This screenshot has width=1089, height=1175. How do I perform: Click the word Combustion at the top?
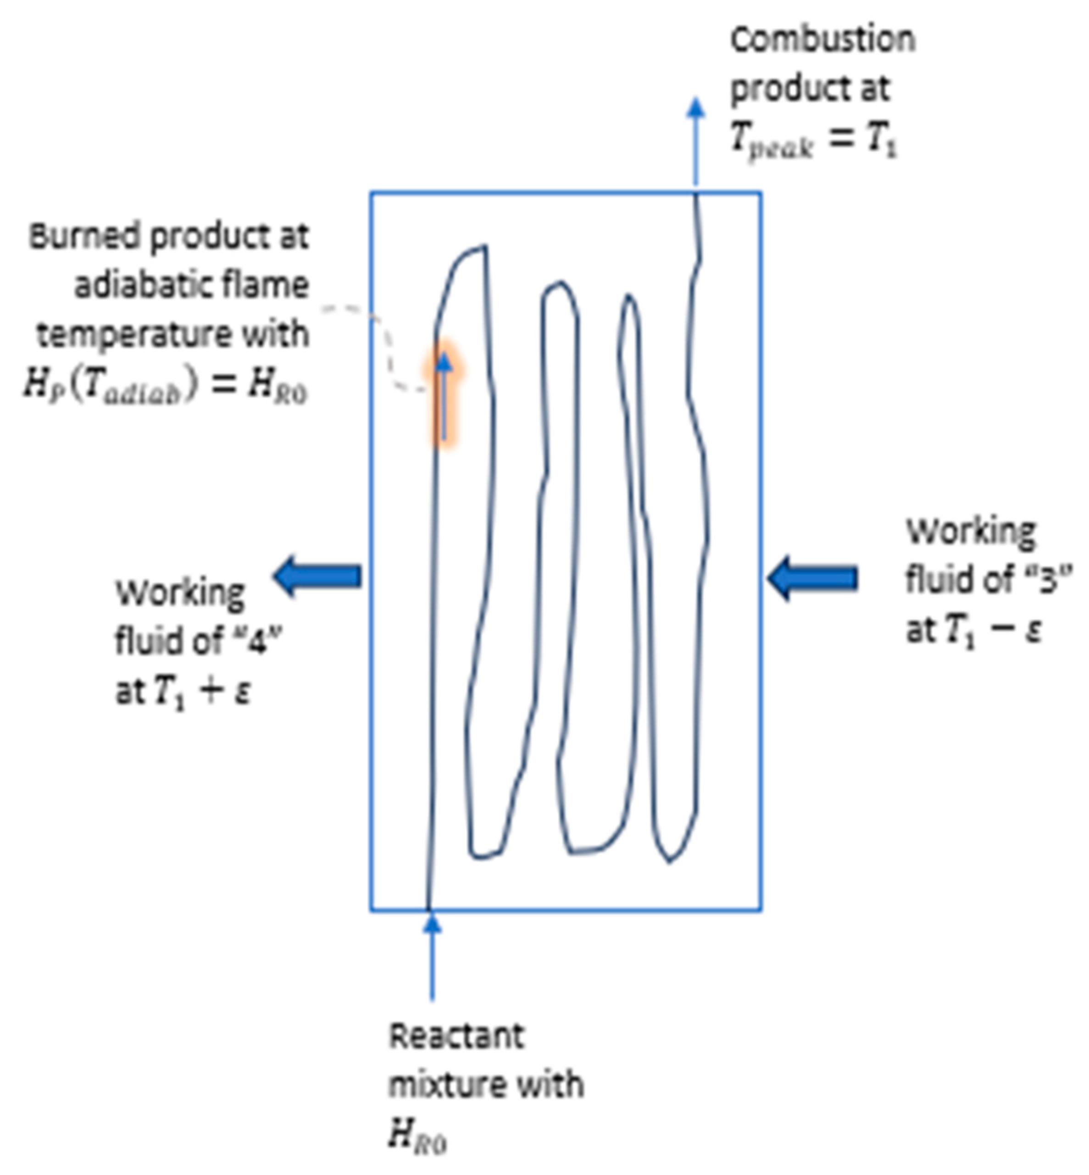(x=822, y=40)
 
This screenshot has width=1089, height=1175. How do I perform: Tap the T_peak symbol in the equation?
(x=771, y=141)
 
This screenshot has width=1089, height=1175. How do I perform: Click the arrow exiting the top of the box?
(x=696, y=141)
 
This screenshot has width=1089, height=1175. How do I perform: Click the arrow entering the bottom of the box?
(x=433, y=954)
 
